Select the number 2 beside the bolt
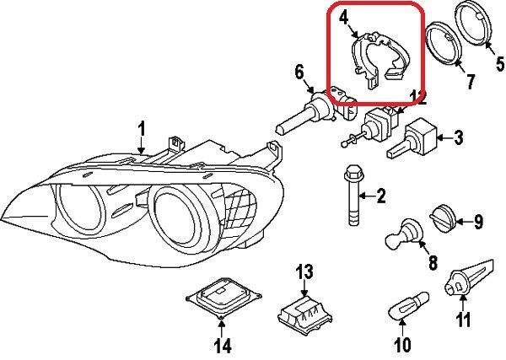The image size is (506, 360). coord(380,197)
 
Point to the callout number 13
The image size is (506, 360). coord(304,271)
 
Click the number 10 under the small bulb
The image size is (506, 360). coord(402,344)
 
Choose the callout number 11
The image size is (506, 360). coord(462,320)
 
